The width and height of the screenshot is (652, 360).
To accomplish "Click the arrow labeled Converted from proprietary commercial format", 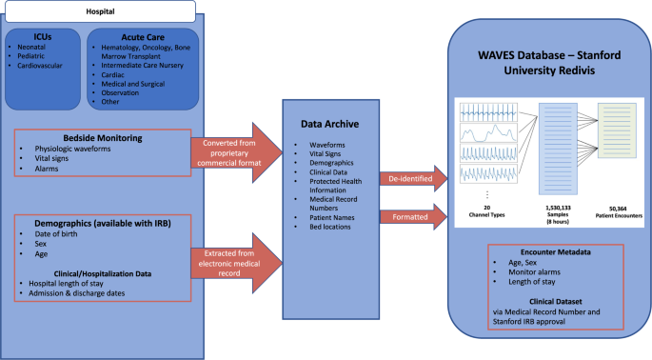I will [x=232, y=150].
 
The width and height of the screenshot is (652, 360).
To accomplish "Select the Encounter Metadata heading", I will [x=545, y=254].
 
